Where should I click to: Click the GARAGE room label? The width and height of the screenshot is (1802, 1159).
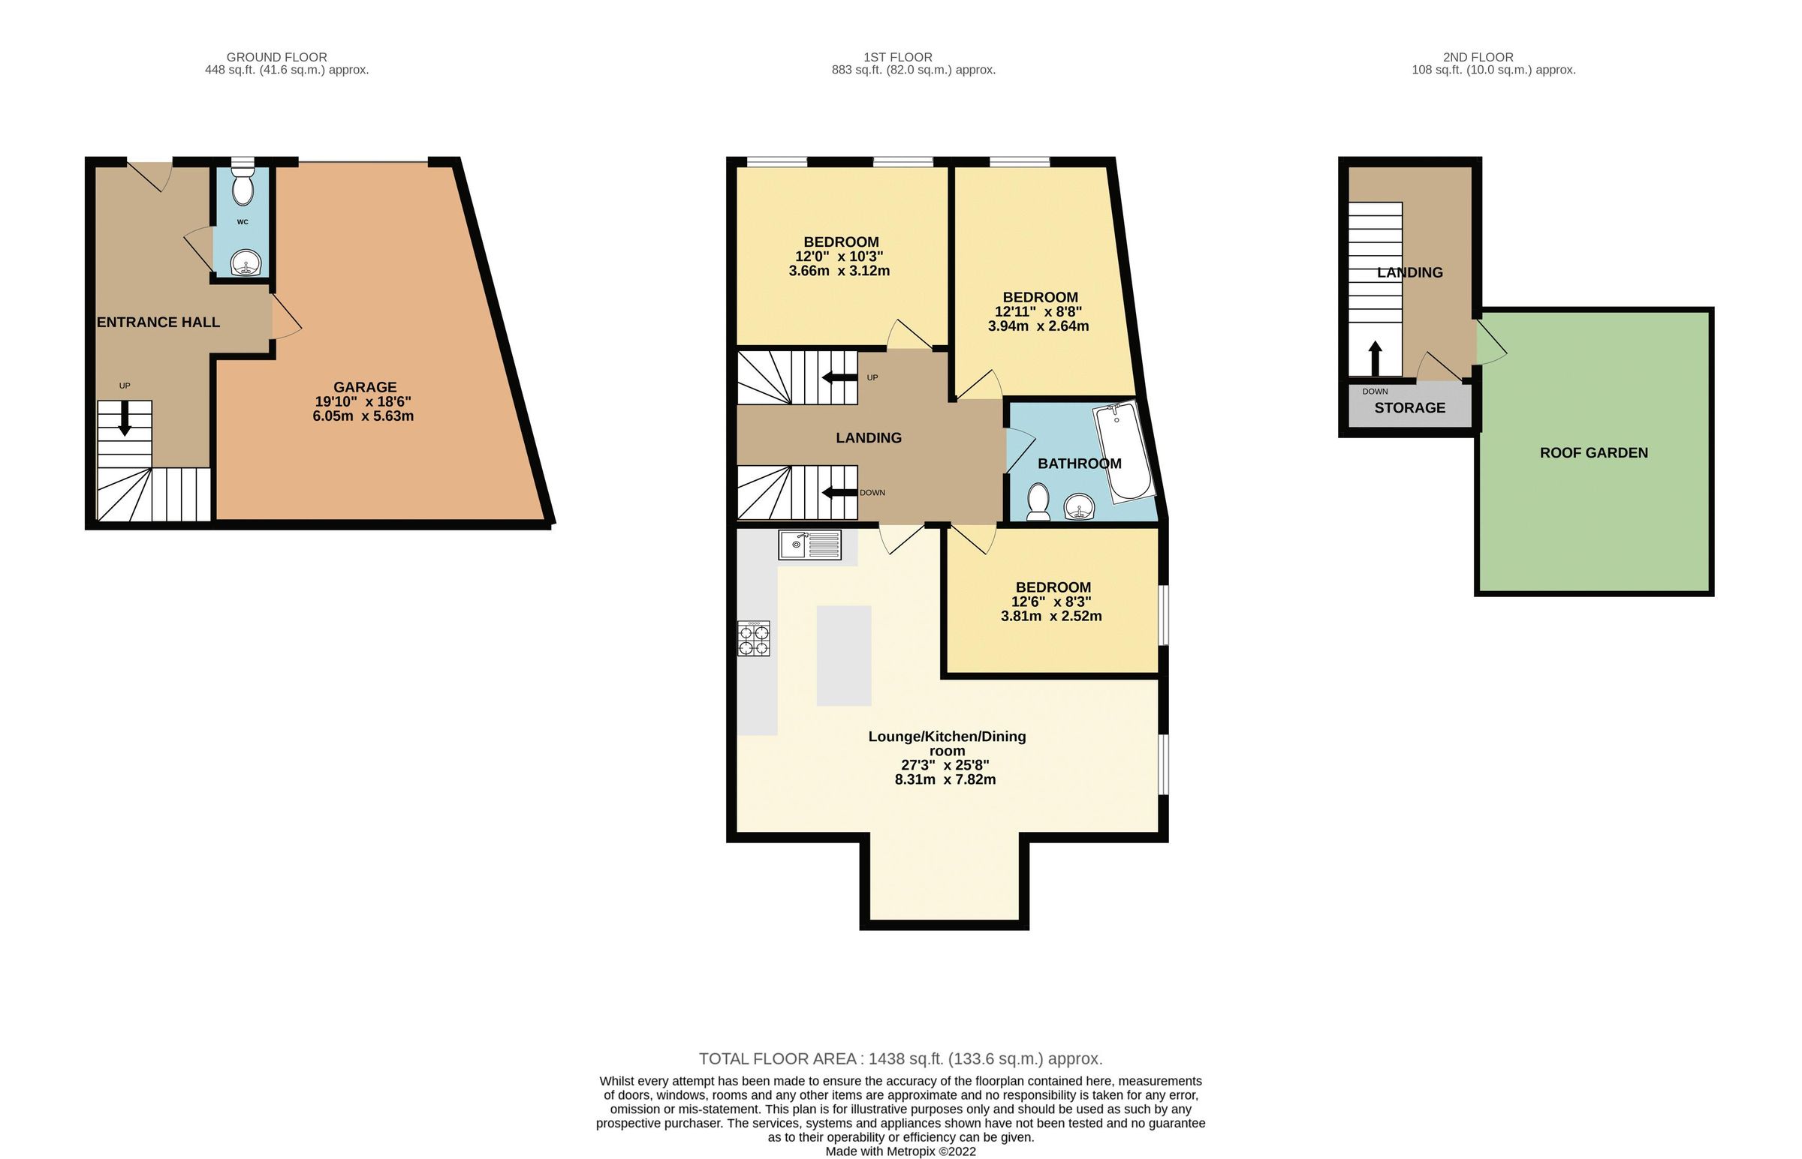click(364, 388)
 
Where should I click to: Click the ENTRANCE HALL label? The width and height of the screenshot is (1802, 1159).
click(158, 322)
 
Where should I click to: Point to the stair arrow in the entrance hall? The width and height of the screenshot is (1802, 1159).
click(125, 419)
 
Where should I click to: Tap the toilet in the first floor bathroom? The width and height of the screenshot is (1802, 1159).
click(1038, 501)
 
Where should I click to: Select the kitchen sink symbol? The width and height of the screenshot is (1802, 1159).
click(809, 544)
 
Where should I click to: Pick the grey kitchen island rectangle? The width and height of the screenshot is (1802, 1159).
click(843, 656)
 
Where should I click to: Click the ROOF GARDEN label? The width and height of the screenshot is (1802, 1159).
click(1593, 453)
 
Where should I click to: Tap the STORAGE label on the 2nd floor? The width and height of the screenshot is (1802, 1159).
click(1409, 408)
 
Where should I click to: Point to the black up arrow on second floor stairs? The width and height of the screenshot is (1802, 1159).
click(1375, 358)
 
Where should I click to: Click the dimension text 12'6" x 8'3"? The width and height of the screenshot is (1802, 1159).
click(1051, 602)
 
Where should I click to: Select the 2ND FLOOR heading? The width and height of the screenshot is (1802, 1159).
click(1478, 57)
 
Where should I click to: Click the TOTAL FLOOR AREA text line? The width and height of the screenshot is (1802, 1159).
click(900, 1059)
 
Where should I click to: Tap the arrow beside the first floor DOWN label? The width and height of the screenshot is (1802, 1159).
click(839, 493)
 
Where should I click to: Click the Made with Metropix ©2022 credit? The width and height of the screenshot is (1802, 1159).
click(900, 1151)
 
